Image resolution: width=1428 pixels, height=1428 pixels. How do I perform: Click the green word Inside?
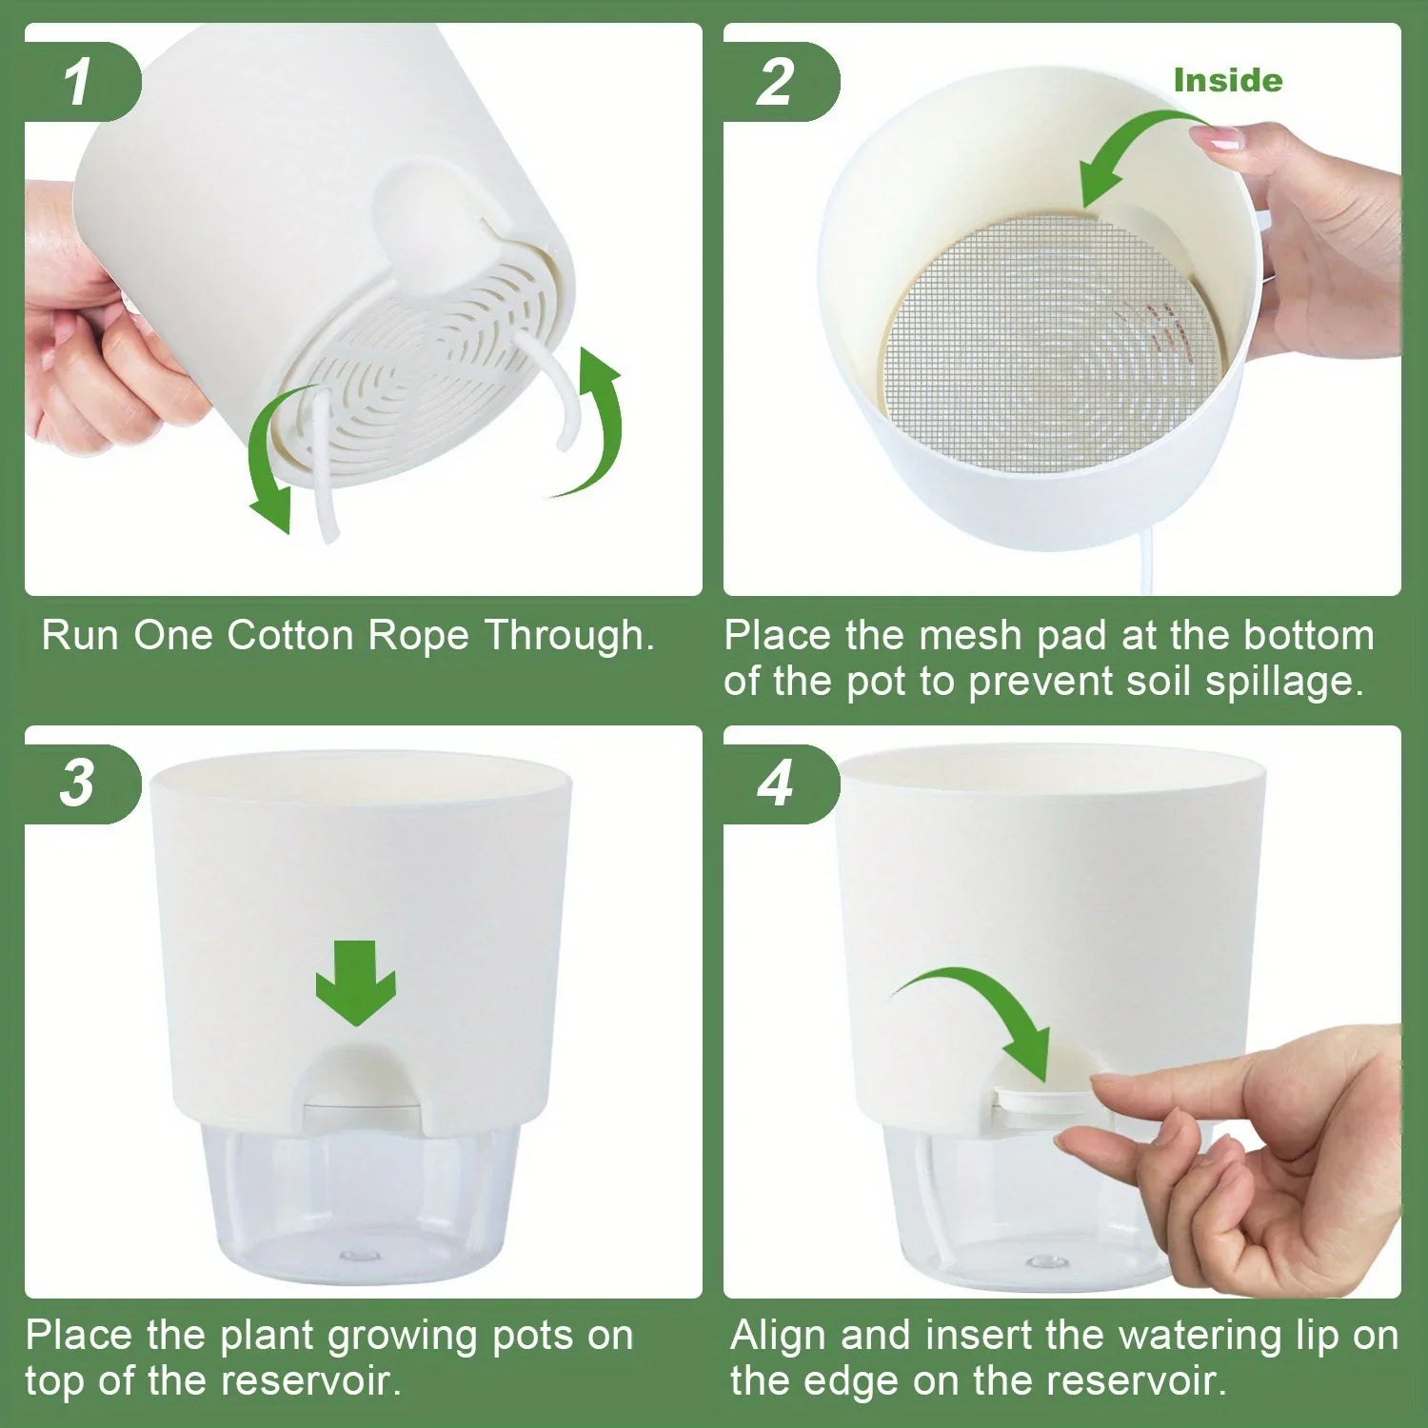(1227, 81)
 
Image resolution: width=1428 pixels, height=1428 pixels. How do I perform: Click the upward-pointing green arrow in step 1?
(596, 419)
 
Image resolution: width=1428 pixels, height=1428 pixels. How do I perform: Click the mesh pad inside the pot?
(1047, 343)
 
